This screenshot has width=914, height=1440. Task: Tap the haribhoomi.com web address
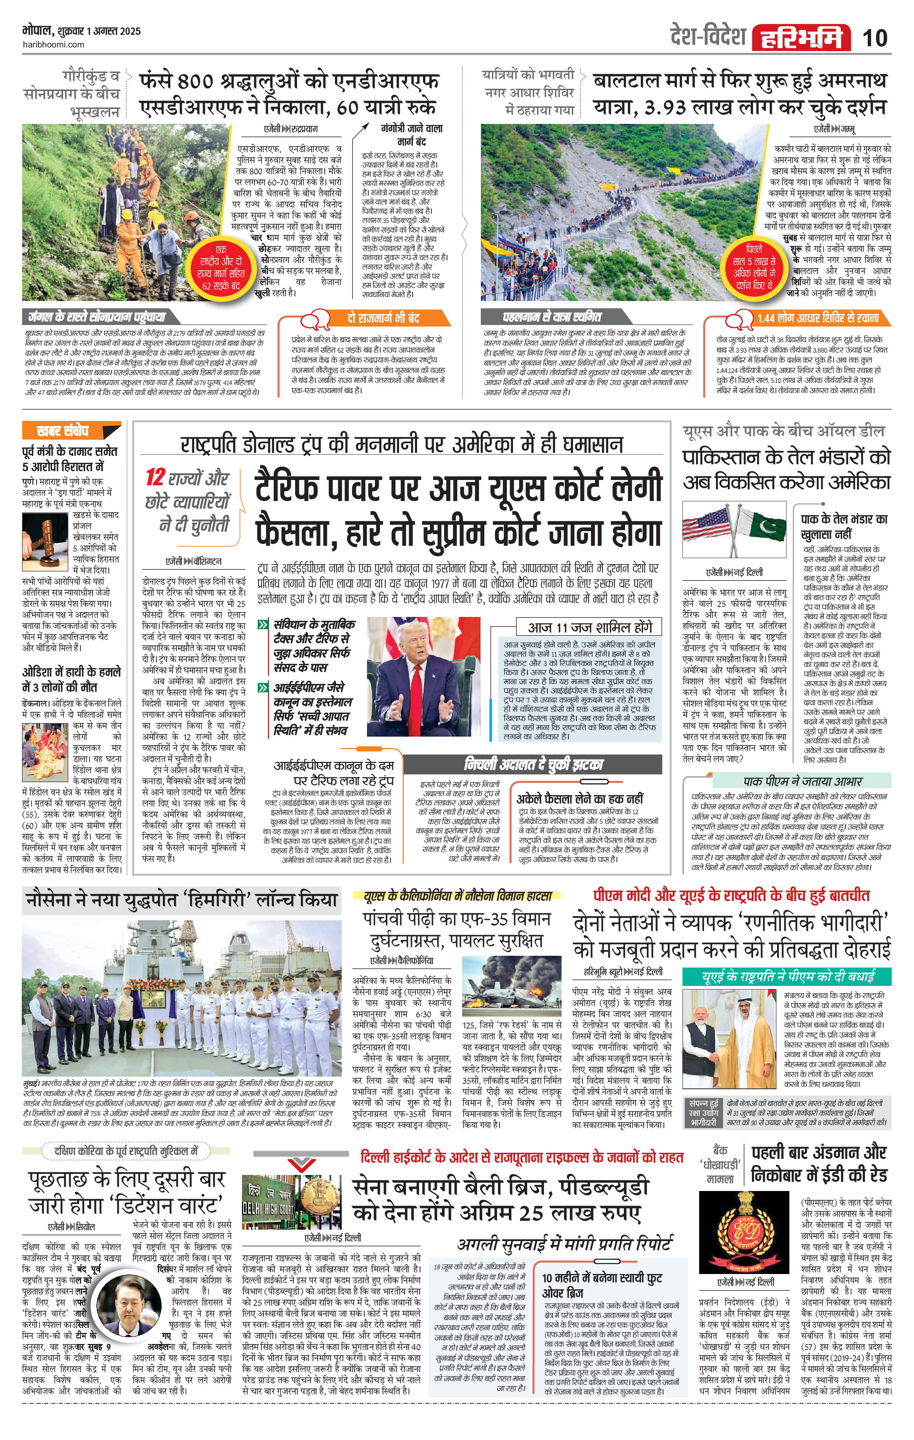point(53,44)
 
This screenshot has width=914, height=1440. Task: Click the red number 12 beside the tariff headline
point(155,477)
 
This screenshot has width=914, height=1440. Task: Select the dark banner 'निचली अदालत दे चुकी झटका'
point(533,764)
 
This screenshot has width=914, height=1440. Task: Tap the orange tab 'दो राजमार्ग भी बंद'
point(383,318)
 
